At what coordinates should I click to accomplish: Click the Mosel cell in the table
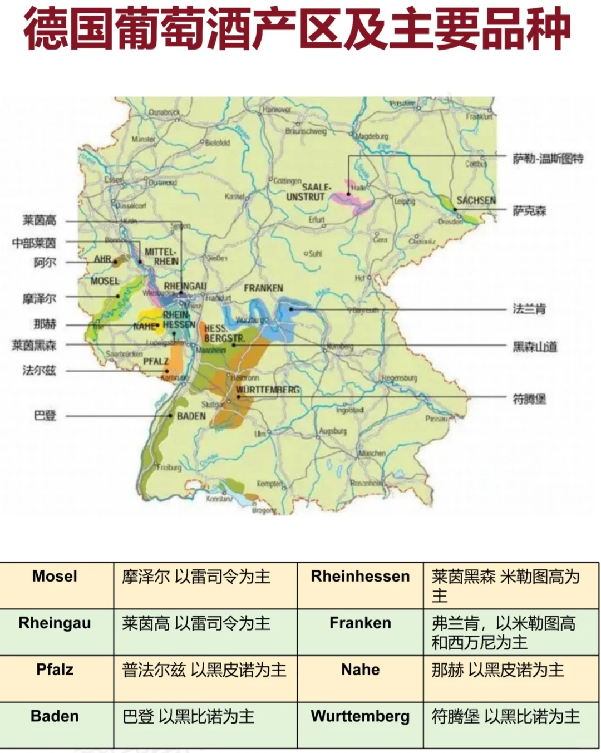point(55,576)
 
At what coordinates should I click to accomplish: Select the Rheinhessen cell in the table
point(360,576)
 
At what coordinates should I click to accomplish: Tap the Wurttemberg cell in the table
point(360,716)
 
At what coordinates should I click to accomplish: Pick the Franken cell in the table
point(360,623)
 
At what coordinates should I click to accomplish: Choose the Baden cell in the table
point(55,716)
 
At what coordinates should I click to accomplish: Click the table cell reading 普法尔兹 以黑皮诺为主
point(204,670)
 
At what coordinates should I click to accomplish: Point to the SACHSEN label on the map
point(476,200)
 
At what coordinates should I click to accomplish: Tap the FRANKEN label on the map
point(263,288)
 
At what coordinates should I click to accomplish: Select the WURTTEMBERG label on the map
point(268,390)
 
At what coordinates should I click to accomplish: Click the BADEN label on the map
point(191,416)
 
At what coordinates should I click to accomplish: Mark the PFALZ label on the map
point(156,361)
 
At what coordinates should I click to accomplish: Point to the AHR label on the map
point(103,259)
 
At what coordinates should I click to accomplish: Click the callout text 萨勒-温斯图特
point(548,159)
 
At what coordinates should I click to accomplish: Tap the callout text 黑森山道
point(534,347)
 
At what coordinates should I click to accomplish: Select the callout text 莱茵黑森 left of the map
point(34,345)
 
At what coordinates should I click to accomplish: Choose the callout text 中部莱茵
point(34,243)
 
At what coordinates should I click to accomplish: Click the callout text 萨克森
point(529,211)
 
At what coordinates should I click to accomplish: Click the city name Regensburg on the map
point(399,378)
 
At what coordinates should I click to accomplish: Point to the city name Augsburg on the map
point(333,431)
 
